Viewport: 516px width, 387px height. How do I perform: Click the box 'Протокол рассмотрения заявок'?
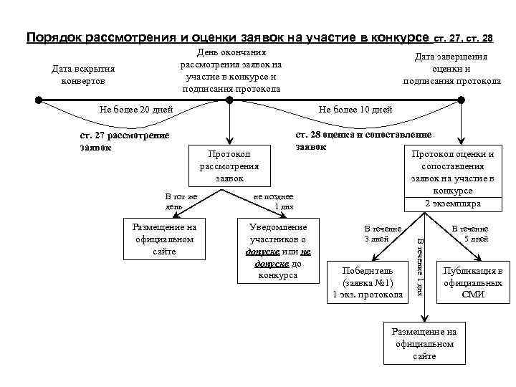point(229,166)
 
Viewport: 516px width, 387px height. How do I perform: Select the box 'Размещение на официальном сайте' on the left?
point(164,239)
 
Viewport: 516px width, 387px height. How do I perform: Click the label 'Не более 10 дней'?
point(355,109)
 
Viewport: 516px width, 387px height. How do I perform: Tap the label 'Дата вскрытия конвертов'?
point(84,75)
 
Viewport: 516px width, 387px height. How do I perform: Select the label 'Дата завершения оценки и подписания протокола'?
point(451,69)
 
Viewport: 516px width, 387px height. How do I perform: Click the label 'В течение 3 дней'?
point(383,233)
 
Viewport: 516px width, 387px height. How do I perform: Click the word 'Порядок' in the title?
point(54,37)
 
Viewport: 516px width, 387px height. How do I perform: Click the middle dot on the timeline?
point(229,99)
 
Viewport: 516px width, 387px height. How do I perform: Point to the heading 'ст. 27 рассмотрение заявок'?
point(125,142)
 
